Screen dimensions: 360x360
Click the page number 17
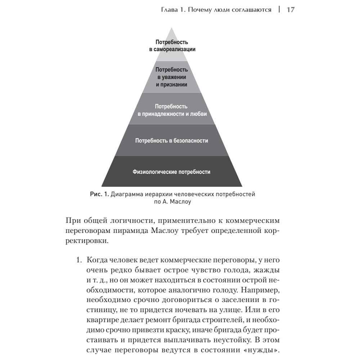[290, 10]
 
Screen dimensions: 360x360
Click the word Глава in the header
[170, 10]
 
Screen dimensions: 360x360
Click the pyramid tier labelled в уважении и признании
[172, 77]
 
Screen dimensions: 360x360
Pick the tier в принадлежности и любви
[172, 110]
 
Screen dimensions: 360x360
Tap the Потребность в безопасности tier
[172, 140]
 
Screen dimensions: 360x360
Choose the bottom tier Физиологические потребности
[171, 172]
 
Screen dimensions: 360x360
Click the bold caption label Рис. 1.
[99, 194]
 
